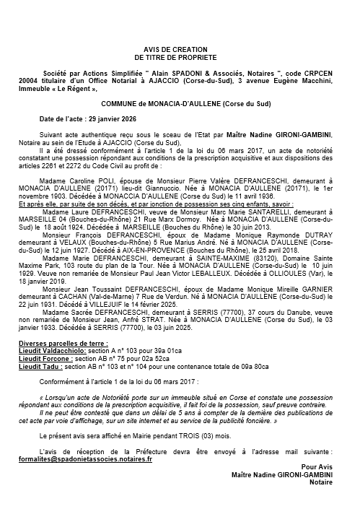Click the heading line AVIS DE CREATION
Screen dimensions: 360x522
click(x=180, y=48)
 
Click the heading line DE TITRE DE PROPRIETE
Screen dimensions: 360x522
click(x=180, y=56)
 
